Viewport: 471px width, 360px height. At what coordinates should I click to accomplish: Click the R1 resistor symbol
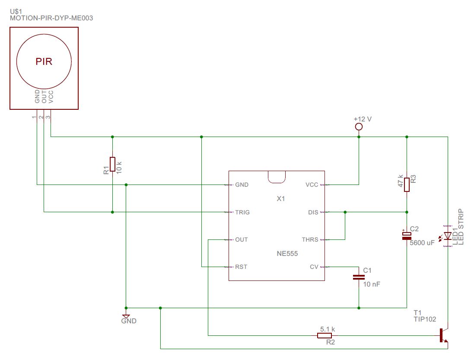pos(112,164)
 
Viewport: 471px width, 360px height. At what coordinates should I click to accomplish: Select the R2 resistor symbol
pos(325,335)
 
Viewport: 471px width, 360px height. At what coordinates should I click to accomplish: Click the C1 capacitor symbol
pos(359,277)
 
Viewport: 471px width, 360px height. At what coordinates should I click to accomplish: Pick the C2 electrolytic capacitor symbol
pos(407,236)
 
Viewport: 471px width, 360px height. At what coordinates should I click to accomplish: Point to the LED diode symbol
pos(448,236)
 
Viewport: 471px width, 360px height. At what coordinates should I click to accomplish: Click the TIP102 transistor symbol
pos(443,336)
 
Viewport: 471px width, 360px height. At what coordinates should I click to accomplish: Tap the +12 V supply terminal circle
pos(358,127)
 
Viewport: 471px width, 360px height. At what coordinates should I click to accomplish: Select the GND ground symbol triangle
pos(126,316)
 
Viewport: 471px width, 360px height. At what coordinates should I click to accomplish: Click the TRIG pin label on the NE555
pos(242,212)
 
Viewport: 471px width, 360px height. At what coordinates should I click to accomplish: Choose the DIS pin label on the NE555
pos(313,212)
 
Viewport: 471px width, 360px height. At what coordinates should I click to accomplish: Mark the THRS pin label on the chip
pos(310,239)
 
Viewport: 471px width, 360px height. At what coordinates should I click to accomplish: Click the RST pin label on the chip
pos(241,267)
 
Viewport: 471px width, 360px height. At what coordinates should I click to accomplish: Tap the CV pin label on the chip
pos(314,267)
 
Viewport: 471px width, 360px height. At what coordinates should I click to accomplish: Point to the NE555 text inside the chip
pos(287,254)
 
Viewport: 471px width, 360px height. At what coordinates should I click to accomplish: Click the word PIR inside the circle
pos(44,62)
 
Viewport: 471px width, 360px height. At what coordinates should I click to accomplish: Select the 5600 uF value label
pos(422,243)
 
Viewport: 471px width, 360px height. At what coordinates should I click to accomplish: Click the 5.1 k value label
pos(328,329)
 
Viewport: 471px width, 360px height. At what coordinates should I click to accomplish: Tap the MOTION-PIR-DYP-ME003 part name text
pos(51,18)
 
